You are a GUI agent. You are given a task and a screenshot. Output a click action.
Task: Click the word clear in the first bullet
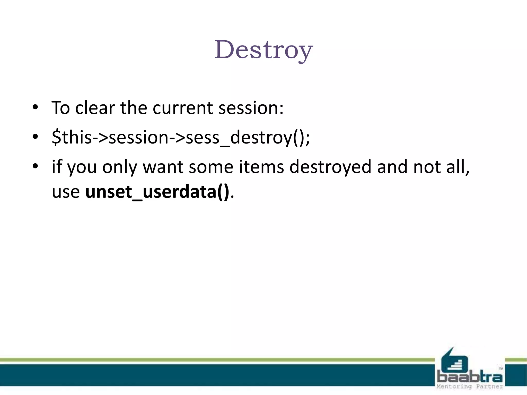click(95, 108)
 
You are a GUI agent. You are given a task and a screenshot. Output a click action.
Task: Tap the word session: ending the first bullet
click(251, 108)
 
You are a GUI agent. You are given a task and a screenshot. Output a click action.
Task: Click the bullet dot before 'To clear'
click(36, 107)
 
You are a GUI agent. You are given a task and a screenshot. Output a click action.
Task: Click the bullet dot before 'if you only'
click(36, 166)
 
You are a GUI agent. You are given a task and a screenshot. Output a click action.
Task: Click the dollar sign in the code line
click(56, 137)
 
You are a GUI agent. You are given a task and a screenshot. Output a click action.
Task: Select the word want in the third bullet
click(163, 167)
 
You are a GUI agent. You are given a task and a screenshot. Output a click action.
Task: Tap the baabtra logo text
click(470, 377)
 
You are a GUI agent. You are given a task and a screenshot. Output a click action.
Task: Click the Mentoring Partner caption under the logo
click(470, 387)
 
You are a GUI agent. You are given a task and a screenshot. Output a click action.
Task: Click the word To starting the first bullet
click(61, 108)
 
